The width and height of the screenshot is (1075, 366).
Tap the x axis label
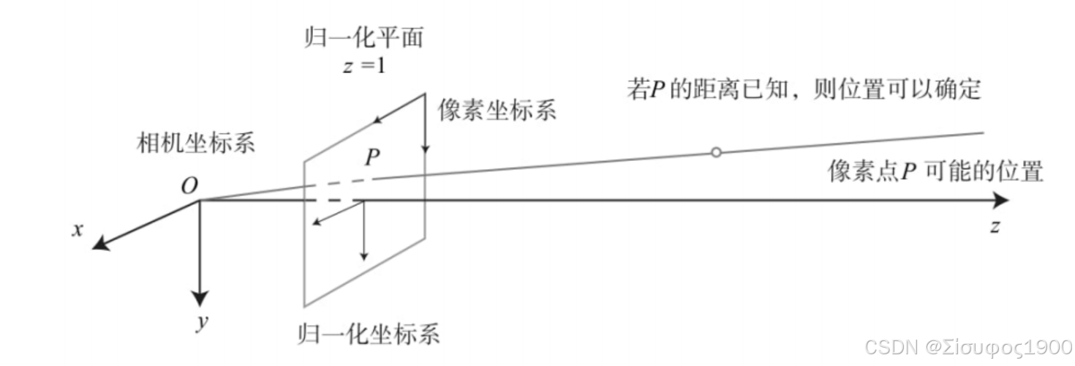pos(76,230)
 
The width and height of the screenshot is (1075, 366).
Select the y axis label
pos(199,322)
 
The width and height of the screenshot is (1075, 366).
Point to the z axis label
pos(995,226)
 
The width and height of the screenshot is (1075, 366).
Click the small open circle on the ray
pos(716,152)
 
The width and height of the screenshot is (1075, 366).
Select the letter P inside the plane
pos(372,158)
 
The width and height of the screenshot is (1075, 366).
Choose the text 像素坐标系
pos(497,110)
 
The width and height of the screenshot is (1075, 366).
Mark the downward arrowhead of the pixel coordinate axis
pos(426,150)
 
